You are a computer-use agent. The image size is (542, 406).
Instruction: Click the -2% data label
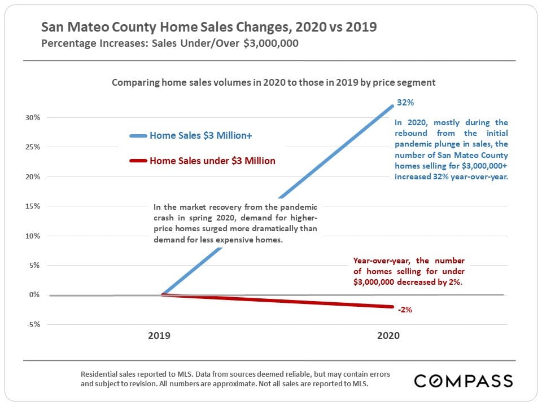[404, 310]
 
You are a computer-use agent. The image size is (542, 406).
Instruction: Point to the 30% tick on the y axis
[32, 118]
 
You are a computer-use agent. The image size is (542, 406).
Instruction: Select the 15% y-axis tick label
[32, 206]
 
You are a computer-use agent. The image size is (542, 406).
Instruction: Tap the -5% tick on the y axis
[32, 324]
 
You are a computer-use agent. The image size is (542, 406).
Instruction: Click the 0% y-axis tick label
[34, 295]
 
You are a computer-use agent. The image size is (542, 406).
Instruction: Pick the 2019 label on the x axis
[159, 335]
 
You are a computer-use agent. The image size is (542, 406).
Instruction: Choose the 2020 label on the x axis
[388, 335]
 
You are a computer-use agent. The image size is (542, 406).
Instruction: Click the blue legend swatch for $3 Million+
[138, 136]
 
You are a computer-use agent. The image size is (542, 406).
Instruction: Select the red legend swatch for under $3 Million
[138, 161]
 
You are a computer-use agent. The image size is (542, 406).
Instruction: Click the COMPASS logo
[464, 381]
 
